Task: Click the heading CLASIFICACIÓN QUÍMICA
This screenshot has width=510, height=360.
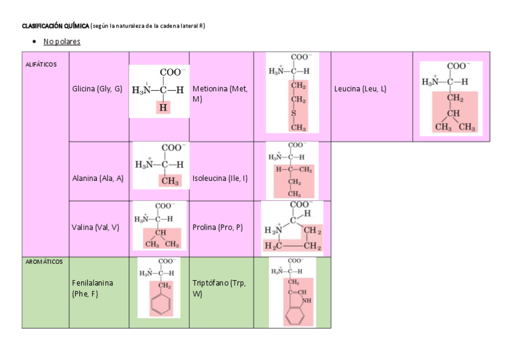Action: (x=55, y=26)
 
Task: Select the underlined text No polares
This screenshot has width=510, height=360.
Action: (x=61, y=41)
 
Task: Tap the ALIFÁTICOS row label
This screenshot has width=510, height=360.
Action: (x=41, y=64)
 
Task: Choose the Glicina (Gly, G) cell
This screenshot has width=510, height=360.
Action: (x=97, y=89)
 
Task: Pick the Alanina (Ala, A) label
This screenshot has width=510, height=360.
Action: (x=97, y=178)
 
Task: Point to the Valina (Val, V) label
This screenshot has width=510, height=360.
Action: (x=95, y=227)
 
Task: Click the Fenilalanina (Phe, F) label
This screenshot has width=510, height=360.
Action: (x=93, y=287)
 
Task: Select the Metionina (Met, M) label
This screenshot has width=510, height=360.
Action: (x=220, y=93)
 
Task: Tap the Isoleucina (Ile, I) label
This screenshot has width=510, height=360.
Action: (x=220, y=178)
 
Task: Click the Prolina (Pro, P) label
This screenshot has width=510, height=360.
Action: (x=217, y=227)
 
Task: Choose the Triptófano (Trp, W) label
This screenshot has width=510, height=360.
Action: (x=220, y=287)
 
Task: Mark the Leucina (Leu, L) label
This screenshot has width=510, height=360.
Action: (x=360, y=89)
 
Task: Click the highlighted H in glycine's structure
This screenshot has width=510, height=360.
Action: (x=163, y=108)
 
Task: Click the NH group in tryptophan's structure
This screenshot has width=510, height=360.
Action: (x=307, y=300)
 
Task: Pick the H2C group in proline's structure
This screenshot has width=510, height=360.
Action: (x=275, y=246)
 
